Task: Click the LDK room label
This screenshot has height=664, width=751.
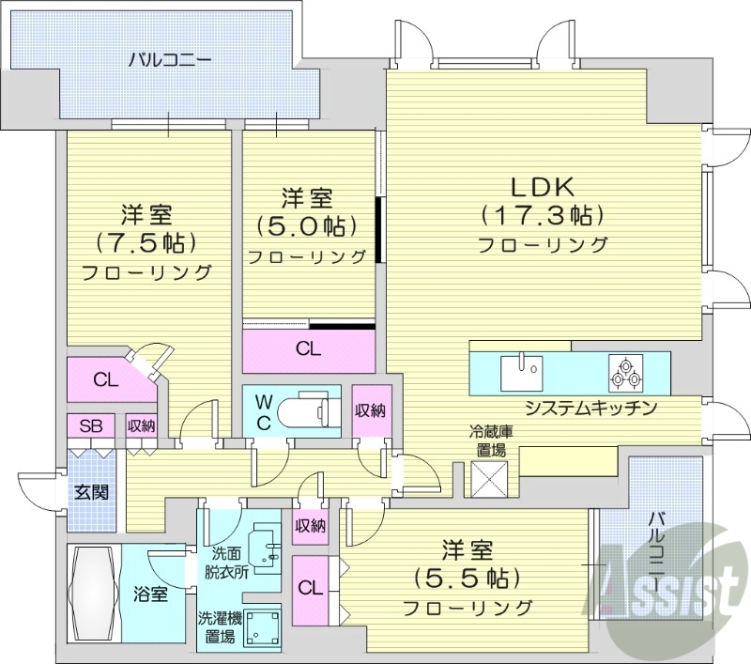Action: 542,185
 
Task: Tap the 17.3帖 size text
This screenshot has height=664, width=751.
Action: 542,215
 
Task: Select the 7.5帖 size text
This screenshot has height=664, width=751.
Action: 146,242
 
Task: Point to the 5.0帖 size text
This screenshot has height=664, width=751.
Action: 307,226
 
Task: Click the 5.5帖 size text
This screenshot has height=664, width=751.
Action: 467,576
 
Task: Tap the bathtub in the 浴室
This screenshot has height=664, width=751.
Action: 93,594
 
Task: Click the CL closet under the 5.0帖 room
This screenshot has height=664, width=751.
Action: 308,348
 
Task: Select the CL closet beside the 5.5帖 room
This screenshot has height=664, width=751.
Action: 308,588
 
